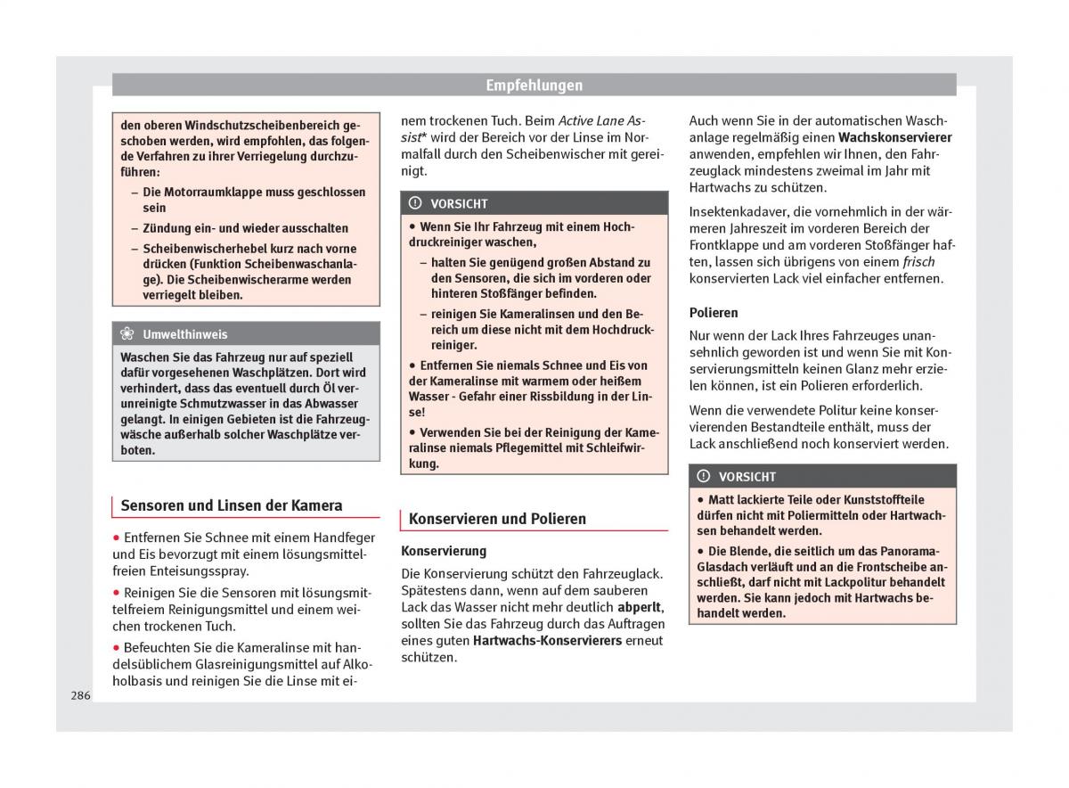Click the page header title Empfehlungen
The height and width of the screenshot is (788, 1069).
534,86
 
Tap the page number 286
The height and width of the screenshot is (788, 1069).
80,695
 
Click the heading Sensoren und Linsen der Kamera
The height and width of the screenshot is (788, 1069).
231,505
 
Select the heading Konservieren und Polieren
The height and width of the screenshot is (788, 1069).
497,519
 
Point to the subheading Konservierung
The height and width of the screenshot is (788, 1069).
444,551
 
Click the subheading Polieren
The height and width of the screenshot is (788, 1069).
714,313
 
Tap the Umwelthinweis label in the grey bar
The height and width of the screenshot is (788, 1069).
184,334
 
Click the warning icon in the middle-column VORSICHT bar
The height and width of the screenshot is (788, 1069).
415,203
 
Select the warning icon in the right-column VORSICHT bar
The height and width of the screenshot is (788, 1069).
704,476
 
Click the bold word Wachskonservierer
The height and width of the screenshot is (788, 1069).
894,137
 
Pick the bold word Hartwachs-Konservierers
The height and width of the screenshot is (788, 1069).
547,640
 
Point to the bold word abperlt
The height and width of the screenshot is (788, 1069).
640,607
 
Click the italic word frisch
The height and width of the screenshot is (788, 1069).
918,262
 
